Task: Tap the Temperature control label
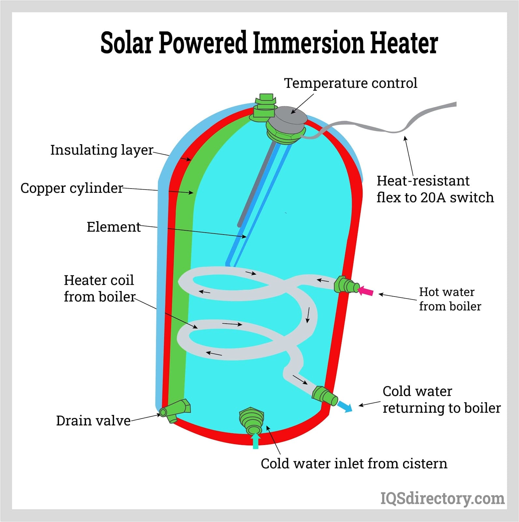tap(351, 83)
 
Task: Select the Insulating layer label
tap(102, 150)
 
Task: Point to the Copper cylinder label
tap(72, 188)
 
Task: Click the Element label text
tap(114, 227)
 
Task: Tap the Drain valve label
tap(93, 421)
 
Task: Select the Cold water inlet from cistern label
tap(354, 464)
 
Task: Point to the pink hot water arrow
tap(366, 291)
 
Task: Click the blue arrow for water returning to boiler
tap(345, 407)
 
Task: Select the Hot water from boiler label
tap(450, 299)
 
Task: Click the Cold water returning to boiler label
tap(441, 400)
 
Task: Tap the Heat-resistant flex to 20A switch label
tap(435, 189)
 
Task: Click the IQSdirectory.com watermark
tap(442, 498)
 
